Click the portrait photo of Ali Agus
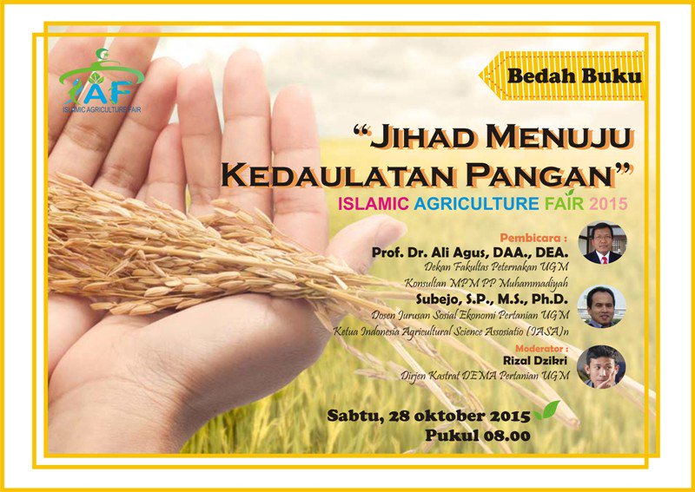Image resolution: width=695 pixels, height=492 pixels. click(x=602, y=243)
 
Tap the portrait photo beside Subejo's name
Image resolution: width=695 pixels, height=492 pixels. click(x=602, y=306)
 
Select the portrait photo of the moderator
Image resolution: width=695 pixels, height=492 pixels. click(x=602, y=367)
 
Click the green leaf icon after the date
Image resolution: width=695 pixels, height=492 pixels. click(x=546, y=411)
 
